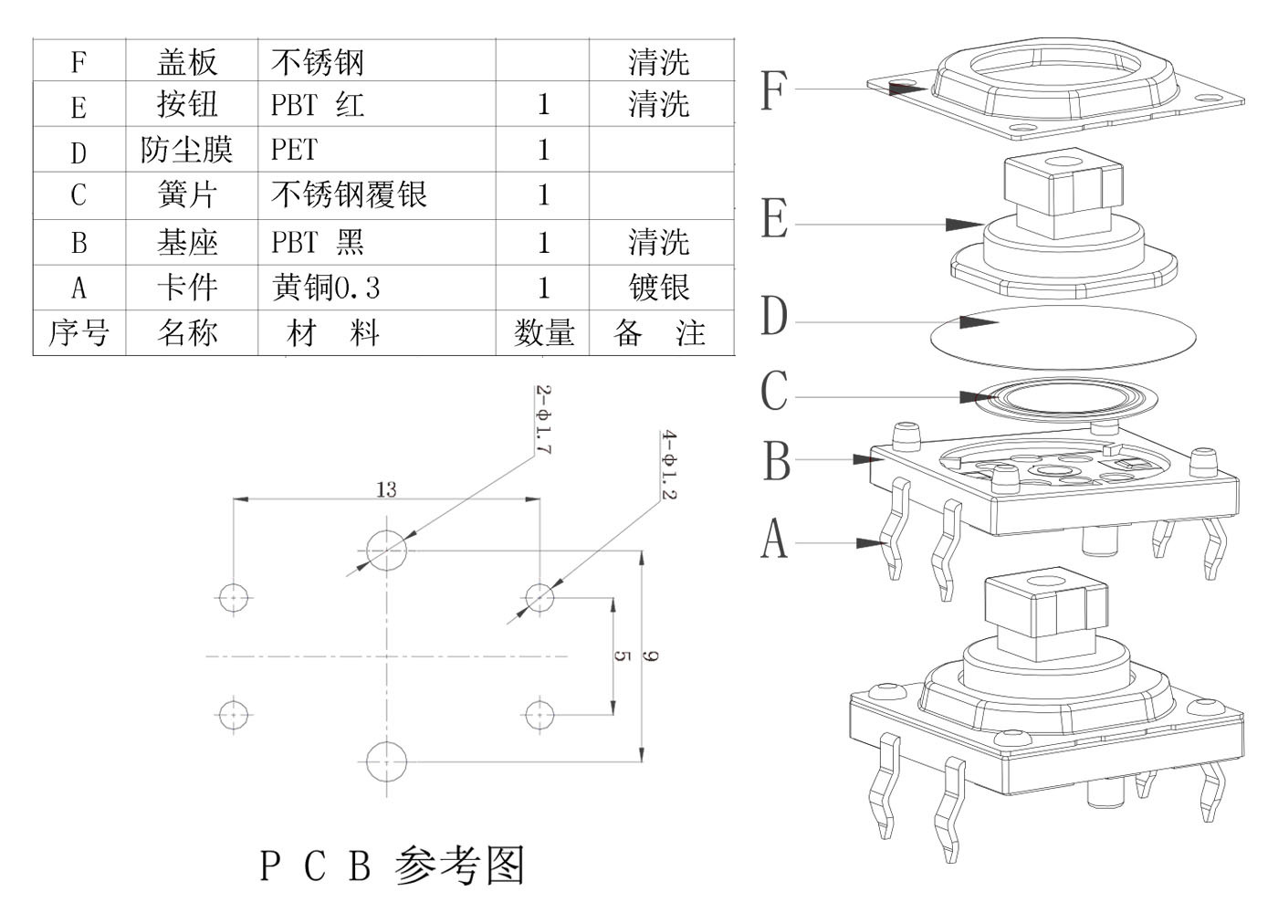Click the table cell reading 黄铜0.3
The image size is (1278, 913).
point(326,289)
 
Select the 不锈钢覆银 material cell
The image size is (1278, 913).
point(349,194)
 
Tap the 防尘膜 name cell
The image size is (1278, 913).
point(187,150)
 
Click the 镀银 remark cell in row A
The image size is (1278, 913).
point(659,289)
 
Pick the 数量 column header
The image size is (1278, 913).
point(543,333)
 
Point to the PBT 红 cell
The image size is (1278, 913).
point(317,105)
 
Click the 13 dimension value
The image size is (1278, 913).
point(386,490)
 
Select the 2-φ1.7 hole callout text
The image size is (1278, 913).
point(543,420)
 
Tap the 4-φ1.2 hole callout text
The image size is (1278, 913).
point(669,466)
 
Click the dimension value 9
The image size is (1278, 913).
point(651,656)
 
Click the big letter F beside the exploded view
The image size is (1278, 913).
point(773,90)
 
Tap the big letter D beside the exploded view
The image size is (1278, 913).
point(773,316)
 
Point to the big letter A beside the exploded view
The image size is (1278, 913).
point(774,539)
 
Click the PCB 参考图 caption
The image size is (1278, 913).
point(393,866)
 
